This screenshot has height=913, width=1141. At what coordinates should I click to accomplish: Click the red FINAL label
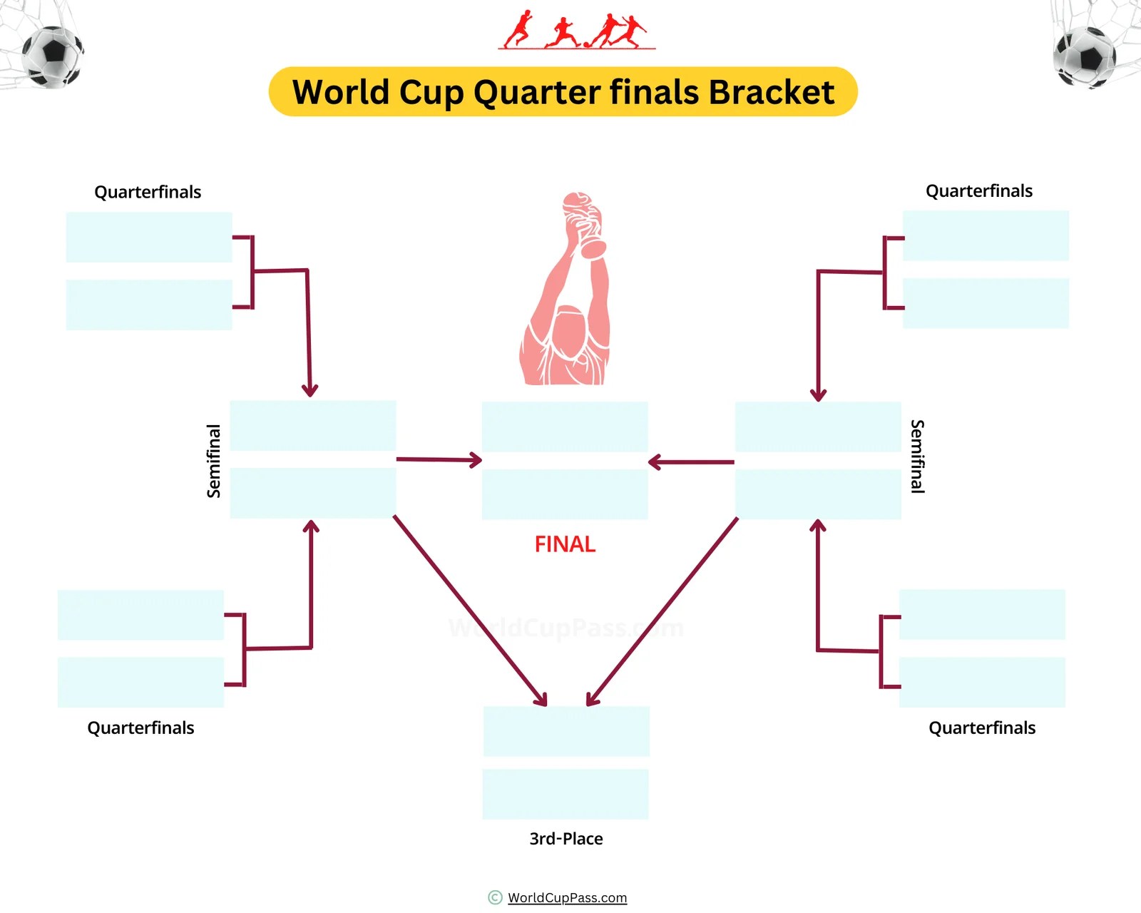565,544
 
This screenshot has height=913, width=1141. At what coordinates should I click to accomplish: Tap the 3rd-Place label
566,839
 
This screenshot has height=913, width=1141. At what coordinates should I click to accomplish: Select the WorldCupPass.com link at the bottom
567,898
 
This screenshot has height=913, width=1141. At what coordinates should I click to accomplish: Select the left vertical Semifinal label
213,461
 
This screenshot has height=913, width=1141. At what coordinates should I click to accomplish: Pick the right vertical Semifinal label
918,456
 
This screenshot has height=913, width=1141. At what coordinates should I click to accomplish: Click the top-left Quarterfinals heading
148,192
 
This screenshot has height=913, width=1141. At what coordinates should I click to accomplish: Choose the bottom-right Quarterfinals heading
982,728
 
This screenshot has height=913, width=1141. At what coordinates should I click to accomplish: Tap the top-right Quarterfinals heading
979,190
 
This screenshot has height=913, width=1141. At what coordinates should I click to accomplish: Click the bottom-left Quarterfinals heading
140,728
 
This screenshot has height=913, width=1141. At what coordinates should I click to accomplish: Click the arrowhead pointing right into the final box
475,460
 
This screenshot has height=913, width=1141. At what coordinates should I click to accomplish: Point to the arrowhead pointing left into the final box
655,462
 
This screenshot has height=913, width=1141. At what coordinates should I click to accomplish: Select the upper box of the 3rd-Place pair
566,731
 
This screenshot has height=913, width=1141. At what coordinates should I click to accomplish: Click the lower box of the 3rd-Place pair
566,794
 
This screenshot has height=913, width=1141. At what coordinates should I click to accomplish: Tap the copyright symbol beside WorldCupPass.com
495,897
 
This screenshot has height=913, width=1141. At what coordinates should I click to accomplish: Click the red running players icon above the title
576,31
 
